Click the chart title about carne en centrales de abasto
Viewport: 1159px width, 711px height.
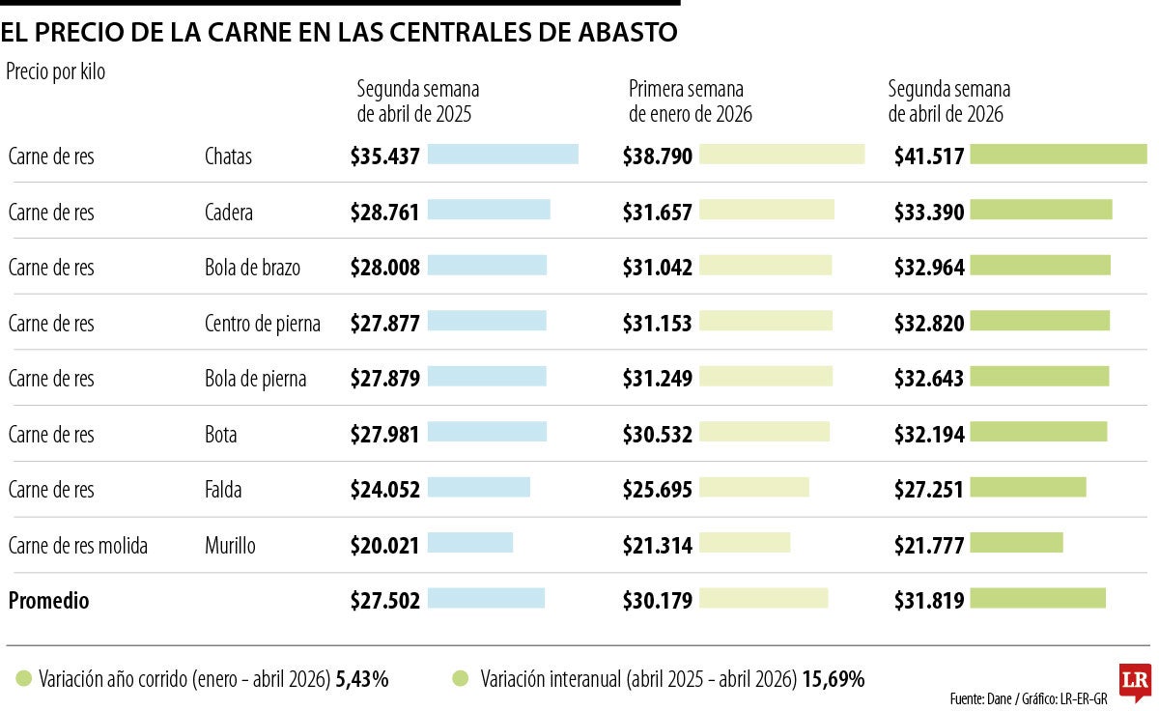tap(339, 32)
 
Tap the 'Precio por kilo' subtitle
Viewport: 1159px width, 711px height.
tap(56, 71)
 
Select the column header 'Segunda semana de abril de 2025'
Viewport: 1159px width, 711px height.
tap(417, 101)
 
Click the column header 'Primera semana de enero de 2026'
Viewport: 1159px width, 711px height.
tap(690, 101)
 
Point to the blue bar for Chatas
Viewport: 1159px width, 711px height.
tap(502, 155)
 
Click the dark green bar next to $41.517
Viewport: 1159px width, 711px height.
tap(1058, 155)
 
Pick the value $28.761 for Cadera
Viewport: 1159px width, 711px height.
tap(385, 213)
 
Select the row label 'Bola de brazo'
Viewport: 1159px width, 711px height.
tap(252, 268)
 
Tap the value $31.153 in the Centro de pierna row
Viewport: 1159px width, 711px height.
tap(658, 324)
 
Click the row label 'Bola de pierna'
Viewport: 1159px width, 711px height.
tap(255, 379)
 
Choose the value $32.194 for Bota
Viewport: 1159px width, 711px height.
tap(929, 435)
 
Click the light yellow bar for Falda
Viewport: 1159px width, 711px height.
tap(753, 488)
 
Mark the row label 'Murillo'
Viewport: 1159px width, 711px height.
tap(230, 546)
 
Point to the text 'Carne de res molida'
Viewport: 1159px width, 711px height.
tap(78, 546)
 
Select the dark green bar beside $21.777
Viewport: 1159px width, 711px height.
tap(1016, 543)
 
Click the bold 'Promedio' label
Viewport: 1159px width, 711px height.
tap(48, 601)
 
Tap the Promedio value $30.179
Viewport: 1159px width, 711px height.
tap(658, 601)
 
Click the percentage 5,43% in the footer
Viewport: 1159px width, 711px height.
tap(362, 679)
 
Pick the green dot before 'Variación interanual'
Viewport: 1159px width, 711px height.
tap(460, 679)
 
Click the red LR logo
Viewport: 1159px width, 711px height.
tap(1133, 680)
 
